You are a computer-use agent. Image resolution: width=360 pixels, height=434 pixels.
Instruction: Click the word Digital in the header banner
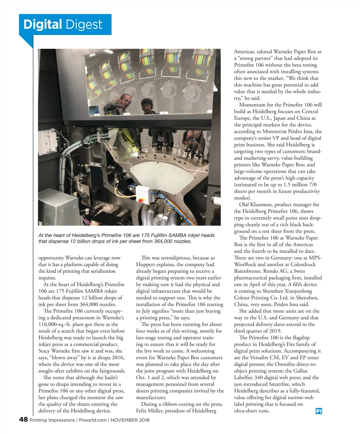43,25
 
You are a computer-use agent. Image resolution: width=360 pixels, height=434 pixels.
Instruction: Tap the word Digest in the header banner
84,25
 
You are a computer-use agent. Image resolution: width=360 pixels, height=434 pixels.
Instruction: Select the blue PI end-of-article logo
319,411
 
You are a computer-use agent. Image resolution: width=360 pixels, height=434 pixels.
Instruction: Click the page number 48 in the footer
23,419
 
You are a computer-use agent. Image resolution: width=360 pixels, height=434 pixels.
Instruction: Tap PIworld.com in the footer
93,420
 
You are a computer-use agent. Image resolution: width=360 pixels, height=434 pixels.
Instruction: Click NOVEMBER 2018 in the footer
130,420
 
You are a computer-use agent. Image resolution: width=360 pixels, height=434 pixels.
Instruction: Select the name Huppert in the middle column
145,264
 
